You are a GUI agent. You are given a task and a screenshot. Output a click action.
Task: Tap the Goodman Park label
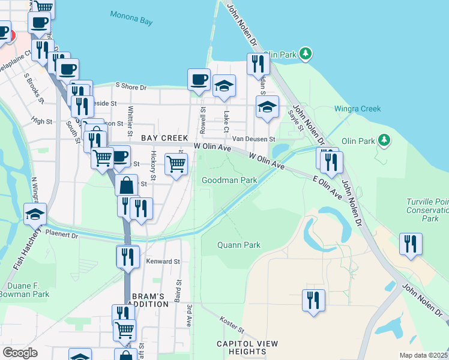click(229, 180)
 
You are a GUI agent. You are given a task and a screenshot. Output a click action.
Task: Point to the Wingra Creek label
click(357, 109)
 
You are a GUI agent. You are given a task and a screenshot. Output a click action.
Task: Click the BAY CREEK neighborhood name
click(161, 138)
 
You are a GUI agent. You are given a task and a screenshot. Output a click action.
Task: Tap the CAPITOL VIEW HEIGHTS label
click(248, 348)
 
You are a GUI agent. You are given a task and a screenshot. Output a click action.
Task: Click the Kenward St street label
click(163, 262)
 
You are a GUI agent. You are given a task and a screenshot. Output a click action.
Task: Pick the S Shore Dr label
click(131, 87)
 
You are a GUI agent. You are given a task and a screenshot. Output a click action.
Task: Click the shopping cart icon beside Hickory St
click(176, 164)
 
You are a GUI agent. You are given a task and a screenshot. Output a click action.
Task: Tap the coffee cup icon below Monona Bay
click(199, 80)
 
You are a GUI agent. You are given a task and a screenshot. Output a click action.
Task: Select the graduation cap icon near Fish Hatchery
click(35, 214)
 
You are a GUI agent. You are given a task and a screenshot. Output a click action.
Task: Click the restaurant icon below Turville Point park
click(411, 244)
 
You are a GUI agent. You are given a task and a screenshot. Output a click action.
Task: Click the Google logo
click(20, 353)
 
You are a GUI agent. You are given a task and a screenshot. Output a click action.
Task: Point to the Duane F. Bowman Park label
click(24, 290)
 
